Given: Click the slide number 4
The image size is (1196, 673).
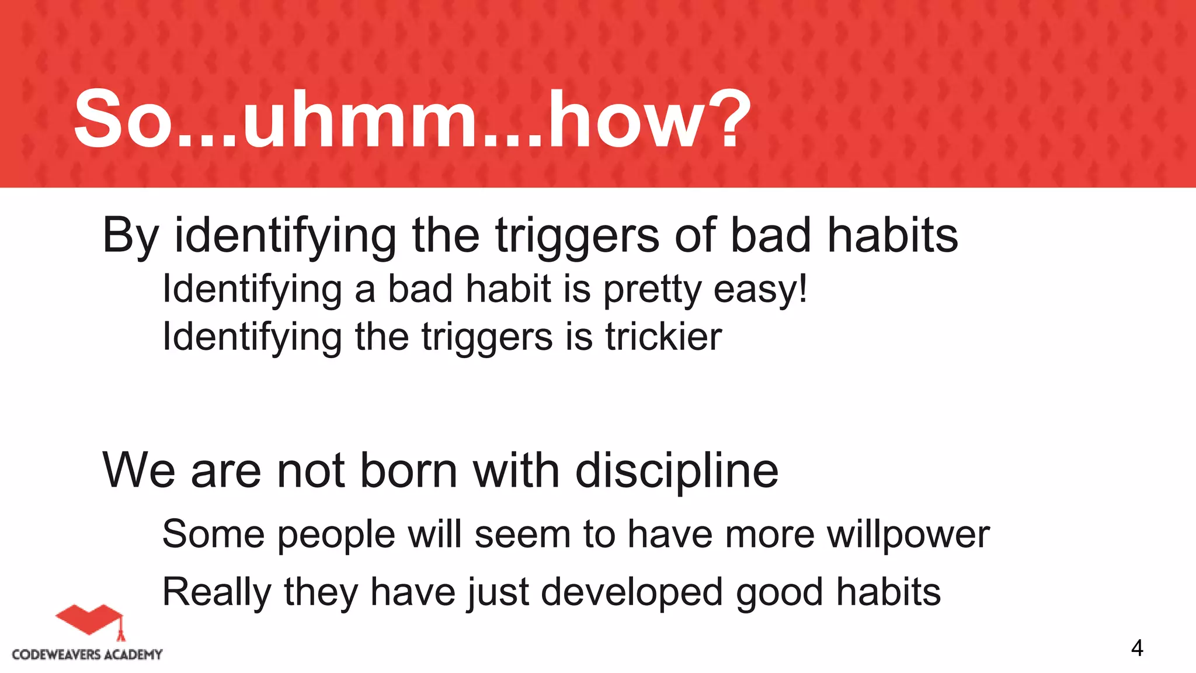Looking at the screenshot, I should tap(1136, 648).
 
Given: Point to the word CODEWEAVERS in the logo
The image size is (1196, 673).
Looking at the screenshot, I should tap(56, 655).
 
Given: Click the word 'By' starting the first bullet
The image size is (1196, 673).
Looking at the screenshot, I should tap(130, 236).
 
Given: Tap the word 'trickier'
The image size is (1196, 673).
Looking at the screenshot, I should tap(663, 337).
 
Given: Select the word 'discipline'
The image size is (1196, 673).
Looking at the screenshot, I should tap(677, 471).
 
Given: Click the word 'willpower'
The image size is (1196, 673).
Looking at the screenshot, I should tap(908, 535).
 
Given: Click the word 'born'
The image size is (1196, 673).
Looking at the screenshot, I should tap(408, 471).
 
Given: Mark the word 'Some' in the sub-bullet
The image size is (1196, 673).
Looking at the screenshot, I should tap(213, 534).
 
